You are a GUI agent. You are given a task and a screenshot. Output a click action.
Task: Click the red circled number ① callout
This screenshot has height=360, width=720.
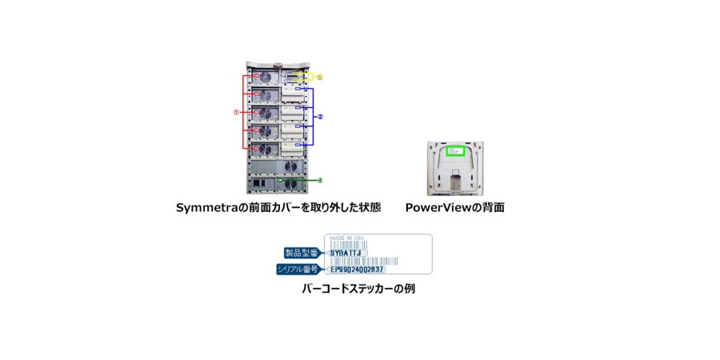pos(236,112)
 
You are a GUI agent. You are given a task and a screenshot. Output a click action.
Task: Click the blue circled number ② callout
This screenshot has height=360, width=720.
pos(320,116)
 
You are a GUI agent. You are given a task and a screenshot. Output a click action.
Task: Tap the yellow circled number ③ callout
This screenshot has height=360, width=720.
pos(319,77)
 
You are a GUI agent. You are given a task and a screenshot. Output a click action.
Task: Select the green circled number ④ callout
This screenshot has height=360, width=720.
pos(319,180)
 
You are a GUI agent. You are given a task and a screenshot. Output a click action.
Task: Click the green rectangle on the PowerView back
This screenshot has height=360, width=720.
pos(455,150)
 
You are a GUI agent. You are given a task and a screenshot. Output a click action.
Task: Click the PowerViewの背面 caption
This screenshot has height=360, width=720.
pos(454,207)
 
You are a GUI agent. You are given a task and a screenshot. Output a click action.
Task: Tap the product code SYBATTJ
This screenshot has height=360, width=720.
pos(346,253)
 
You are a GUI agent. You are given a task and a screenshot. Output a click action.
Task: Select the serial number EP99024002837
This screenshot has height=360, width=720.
pos(357,270)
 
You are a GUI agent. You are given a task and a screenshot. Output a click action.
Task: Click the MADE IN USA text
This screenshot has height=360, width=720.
pos(346,238)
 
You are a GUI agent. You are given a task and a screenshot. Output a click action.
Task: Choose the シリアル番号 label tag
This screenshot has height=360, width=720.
pos(297,270)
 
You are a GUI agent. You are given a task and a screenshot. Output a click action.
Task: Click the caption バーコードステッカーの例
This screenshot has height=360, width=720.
pos(358,289)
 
